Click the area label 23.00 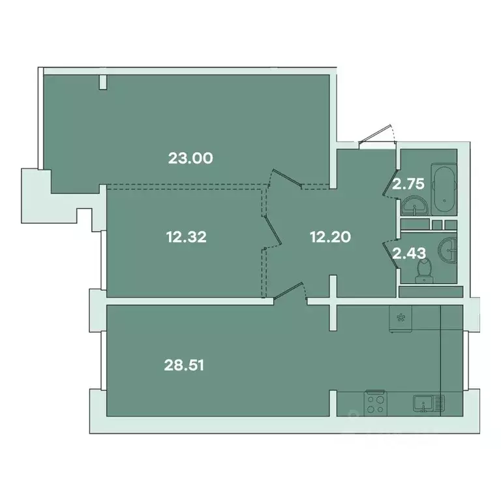click(x=191, y=157)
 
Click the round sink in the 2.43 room click(x=448, y=249)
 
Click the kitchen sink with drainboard click(x=428, y=402)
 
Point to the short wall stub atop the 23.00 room click(x=103, y=82)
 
